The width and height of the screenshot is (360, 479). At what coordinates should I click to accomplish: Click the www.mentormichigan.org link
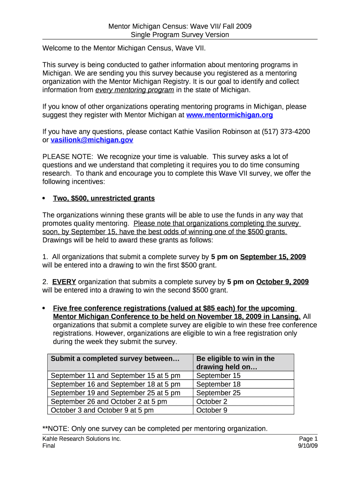230,115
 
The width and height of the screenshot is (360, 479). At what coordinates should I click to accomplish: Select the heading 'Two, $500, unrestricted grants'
104,198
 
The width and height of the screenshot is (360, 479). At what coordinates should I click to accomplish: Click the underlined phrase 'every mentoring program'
135,90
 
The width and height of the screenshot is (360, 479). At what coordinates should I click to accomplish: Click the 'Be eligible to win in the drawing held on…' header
235,363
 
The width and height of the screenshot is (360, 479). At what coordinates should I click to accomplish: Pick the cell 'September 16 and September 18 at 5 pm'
115,384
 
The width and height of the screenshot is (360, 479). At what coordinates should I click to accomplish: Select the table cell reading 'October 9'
212,410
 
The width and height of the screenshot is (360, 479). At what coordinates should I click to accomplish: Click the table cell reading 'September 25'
218,393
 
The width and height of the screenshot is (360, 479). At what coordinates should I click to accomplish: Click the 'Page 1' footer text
308,439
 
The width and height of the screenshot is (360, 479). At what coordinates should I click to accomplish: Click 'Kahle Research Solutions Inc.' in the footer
81,439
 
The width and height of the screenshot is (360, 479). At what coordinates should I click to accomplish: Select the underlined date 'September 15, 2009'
273,257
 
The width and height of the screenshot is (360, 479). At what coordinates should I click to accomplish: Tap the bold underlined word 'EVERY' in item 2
64,282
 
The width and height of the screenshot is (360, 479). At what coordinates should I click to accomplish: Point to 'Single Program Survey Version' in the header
180,35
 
